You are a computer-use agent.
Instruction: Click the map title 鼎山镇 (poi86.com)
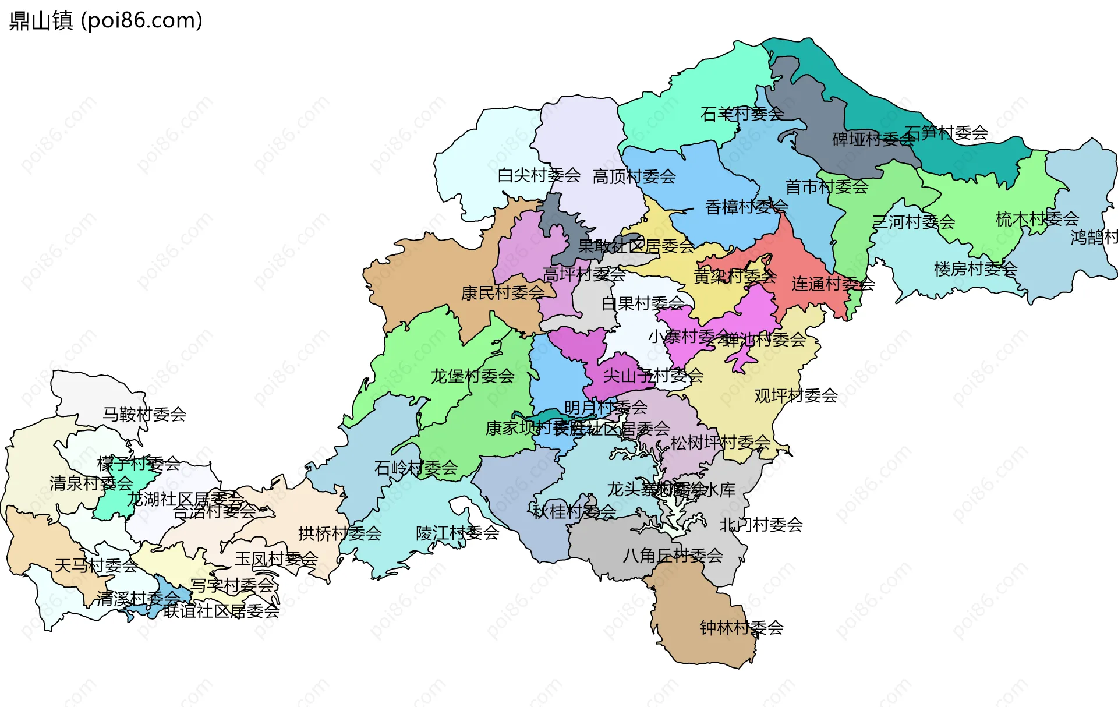pos(106,20)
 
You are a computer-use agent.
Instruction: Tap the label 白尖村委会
pos(539,175)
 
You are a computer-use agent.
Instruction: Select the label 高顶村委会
pos(634,176)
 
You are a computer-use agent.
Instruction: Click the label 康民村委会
pos(503,293)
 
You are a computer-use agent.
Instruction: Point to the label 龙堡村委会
pos(472,376)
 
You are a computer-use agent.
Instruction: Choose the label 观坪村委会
pos(795,396)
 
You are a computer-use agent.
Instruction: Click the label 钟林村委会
pos(741,628)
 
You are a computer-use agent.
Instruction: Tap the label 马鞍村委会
pos(144,415)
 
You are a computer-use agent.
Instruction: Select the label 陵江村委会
pos(457,533)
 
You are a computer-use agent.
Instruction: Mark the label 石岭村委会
pos(416,468)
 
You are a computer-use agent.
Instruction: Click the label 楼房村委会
pos(975,269)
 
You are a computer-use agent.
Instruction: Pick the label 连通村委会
pos(833,284)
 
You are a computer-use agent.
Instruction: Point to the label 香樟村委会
pos(746,207)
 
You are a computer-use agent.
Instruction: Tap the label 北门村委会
pos(761,525)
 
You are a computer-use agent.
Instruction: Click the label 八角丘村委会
pos(673,556)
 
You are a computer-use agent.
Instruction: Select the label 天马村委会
pos(96,565)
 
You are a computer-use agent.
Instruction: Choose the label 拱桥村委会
pos(339,533)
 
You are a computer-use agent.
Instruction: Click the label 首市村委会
pos(826,187)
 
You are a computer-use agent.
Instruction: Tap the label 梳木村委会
pos(1037,220)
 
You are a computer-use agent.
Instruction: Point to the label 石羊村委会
pos(742,114)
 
